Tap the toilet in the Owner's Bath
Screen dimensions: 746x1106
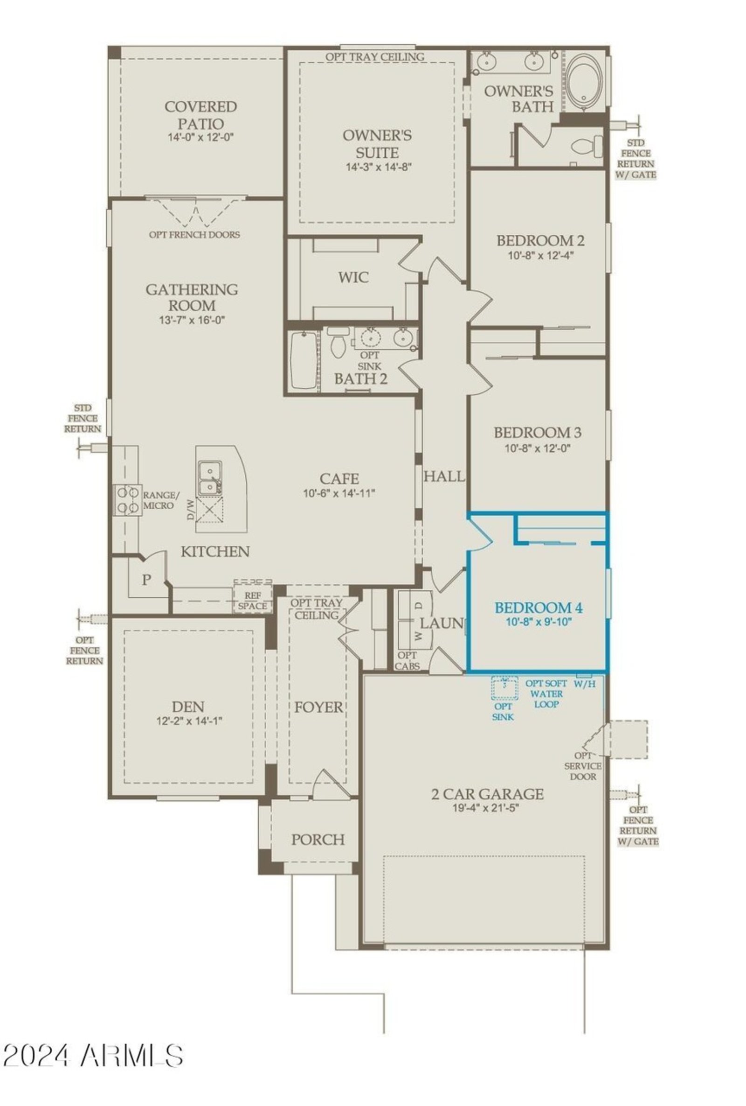587,146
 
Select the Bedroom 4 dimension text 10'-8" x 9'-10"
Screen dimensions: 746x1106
538,622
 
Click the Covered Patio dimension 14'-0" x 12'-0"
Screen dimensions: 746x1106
200,138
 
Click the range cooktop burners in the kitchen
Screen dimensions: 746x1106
126,500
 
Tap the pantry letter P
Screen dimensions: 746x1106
147,579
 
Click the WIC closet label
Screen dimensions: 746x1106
353,277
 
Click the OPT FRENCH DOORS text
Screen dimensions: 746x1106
194,235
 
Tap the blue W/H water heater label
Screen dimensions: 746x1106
584,684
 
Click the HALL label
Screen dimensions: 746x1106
444,476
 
